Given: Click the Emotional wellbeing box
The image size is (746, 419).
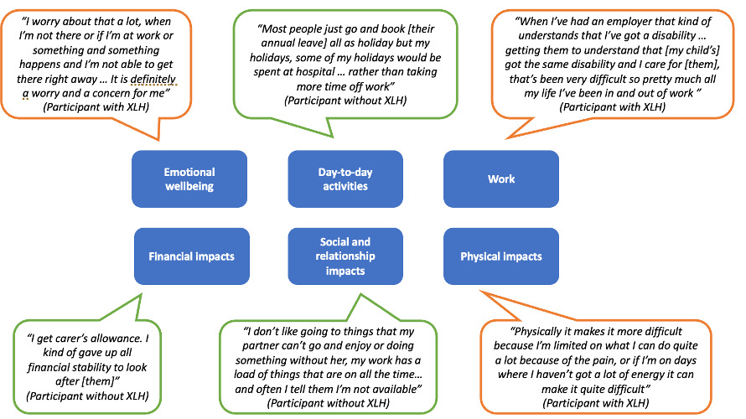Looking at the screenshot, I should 189,178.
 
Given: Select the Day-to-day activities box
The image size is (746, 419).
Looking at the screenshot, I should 345,178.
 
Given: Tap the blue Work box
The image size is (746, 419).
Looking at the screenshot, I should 501,178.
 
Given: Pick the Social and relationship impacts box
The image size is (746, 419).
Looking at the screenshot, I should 345,256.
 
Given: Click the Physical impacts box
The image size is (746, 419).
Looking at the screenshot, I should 501,256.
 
